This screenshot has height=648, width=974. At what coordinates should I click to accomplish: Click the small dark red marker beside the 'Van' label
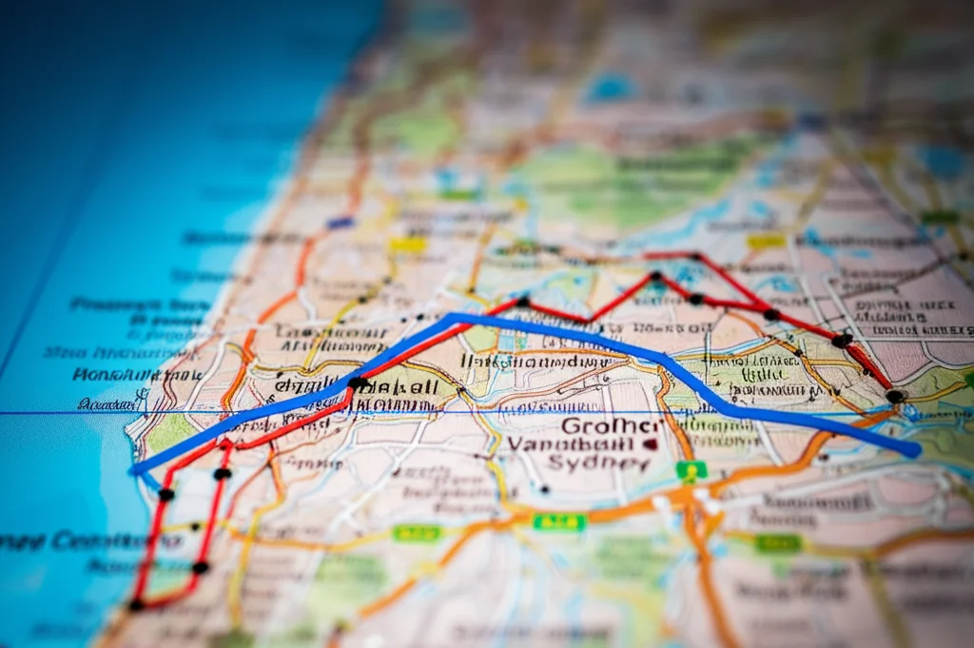click(651, 443)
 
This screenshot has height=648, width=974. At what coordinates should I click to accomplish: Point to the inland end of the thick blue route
click(914, 450)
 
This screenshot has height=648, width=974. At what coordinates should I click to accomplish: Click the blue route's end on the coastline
click(135, 469)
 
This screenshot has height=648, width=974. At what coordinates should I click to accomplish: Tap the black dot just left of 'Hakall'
click(357, 383)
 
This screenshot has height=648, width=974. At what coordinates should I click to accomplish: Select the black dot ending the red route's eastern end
click(894, 396)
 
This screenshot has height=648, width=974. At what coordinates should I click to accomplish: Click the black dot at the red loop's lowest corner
click(137, 604)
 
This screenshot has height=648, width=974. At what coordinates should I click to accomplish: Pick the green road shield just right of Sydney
click(692, 469)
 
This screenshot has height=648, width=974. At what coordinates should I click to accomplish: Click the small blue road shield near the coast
click(341, 223)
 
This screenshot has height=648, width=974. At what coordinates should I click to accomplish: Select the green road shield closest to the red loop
click(417, 533)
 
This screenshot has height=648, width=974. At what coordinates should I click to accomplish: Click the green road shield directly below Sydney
click(558, 521)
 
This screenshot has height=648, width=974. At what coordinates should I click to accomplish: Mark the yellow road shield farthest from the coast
click(766, 242)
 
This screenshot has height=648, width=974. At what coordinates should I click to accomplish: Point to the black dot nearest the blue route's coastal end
click(166, 494)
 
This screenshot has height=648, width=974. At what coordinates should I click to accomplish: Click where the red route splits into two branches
click(226, 444)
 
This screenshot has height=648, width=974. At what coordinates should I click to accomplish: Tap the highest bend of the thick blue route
click(454, 317)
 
